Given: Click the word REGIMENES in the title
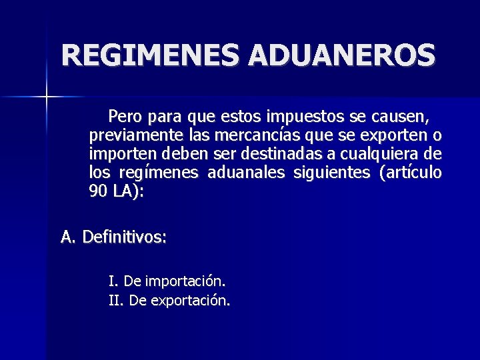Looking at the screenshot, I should point(151,55).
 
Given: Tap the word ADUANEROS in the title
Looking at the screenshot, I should point(342,55).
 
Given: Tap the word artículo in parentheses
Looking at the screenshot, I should point(411,173).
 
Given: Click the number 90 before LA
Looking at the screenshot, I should point(98,192).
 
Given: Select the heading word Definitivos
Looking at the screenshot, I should point(124,237).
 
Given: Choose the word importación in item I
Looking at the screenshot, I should point(175,281).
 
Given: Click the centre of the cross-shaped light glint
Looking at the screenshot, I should point(47,97).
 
